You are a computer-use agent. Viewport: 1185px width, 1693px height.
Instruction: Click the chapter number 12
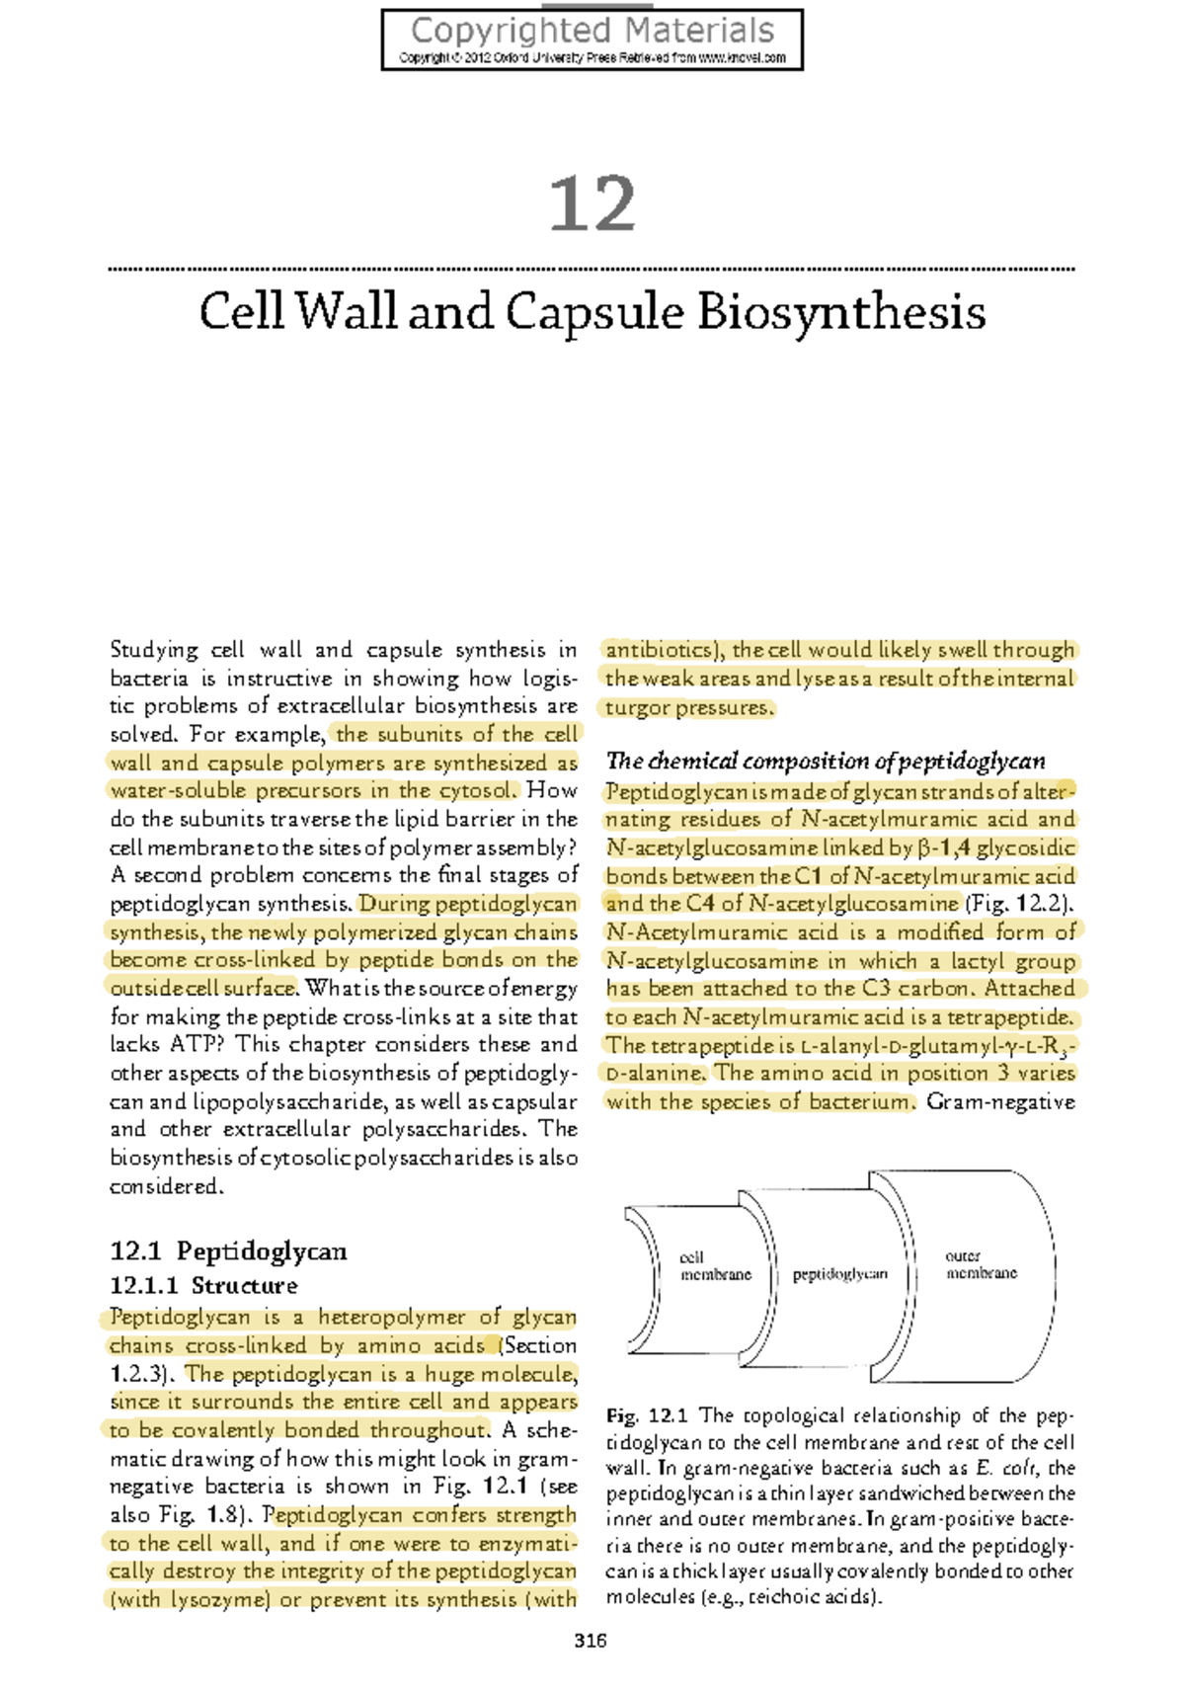(x=592, y=204)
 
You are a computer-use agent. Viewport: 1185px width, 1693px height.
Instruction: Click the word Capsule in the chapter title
(x=594, y=313)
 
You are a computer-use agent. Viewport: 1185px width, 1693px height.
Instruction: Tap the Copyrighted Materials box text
(x=592, y=32)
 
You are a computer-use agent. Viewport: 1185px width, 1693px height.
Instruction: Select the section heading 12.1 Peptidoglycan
(x=228, y=1251)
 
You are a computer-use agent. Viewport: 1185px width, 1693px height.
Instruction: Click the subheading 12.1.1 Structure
(x=203, y=1285)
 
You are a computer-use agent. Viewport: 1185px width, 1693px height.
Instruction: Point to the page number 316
(x=591, y=1641)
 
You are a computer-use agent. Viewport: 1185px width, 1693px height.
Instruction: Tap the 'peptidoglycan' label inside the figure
(x=839, y=1274)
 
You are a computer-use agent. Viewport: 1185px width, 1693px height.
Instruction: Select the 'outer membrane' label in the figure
(x=980, y=1264)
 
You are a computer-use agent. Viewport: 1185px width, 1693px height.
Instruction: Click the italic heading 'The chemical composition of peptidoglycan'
(x=825, y=761)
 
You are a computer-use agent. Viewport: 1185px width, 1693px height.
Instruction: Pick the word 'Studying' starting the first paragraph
(x=154, y=650)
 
